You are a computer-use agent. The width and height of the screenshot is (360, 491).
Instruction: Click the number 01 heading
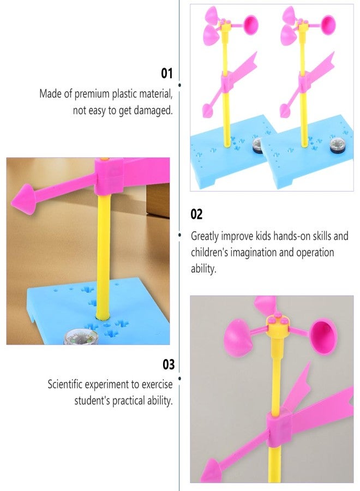click(166, 73)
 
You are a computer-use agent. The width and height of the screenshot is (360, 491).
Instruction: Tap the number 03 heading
click(168, 364)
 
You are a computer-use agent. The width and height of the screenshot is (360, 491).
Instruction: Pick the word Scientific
click(68, 384)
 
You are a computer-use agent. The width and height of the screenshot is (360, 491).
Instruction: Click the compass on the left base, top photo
click(256, 146)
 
